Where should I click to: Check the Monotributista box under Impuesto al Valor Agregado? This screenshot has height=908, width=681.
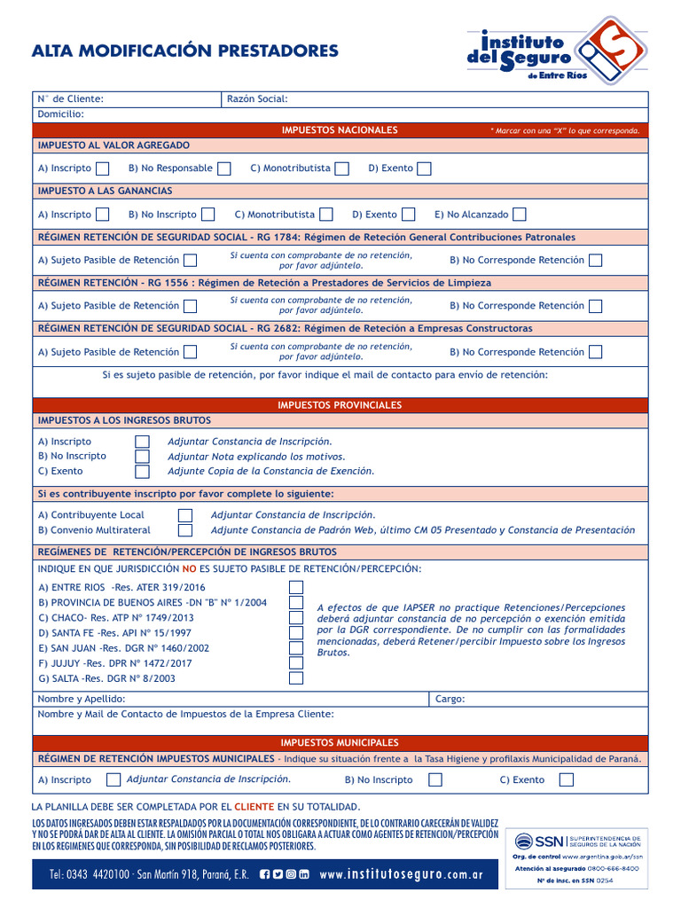pyautogui.click(x=342, y=168)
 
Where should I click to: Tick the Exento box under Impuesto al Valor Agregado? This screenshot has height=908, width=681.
pyautogui.click(x=425, y=168)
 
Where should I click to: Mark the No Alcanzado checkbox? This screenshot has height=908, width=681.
pyautogui.click(x=520, y=215)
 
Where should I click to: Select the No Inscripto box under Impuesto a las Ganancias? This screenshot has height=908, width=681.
pyautogui.click(x=207, y=215)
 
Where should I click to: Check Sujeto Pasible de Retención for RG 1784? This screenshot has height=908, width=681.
pyautogui.click(x=191, y=261)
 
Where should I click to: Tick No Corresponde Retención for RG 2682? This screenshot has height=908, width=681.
pyautogui.click(x=596, y=352)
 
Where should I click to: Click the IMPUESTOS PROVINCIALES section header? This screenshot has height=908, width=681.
pyautogui.click(x=340, y=405)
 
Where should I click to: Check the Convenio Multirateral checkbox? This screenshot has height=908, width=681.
pyautogui.click(x=185, y=530)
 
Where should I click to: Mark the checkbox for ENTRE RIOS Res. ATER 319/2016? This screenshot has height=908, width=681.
pyautogui.click(x=296, y=587)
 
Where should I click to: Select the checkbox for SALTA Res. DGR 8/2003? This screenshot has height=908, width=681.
pyautogui.click(x=296, y=678)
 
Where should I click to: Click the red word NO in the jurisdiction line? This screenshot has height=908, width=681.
pyautogui.click(x=189, y=568)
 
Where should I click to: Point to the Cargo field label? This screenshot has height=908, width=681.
pyautogui.click(x=450, y=699)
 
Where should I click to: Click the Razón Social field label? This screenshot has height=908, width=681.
pyautogui.click(x=257, y=98)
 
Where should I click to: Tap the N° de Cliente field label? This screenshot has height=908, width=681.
pyautogui.click(x=70, y=98)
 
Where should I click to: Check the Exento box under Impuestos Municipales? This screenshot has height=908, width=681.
pyautogui.click(x=567, y=780)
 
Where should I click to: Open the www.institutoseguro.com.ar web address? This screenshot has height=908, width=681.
pyautogui.click(x=401, y=874)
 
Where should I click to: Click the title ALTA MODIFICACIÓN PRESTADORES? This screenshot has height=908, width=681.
pyautogui.click(x=184, y=51)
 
